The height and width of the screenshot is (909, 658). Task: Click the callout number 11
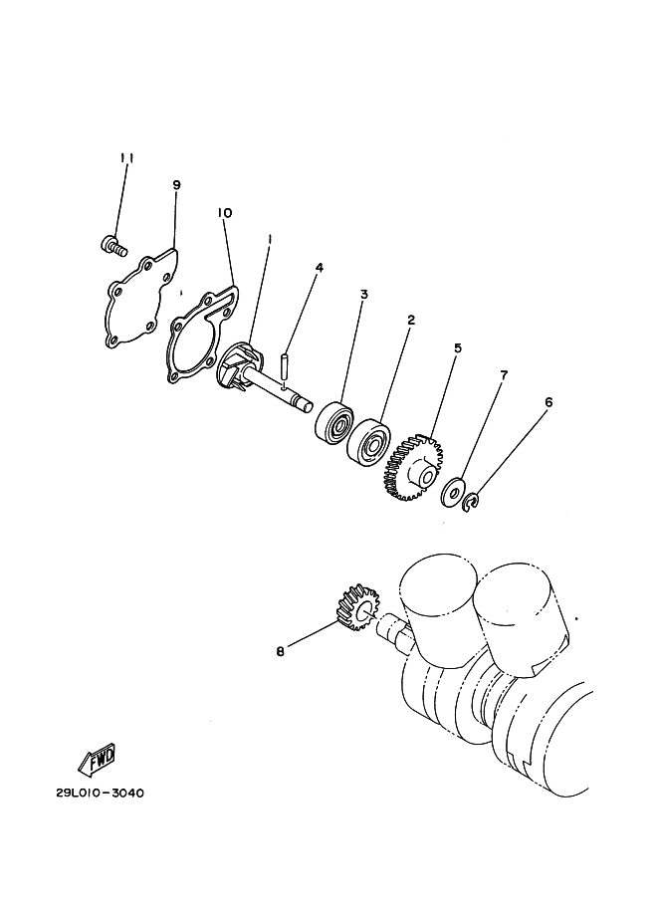point(127,158)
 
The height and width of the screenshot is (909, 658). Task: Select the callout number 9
point(177,185)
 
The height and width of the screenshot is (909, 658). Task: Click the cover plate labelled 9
point(141,298)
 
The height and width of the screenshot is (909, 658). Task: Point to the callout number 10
point(224,213)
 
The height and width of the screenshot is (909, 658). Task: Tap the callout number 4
point(319,267)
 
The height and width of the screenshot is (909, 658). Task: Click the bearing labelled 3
point(334,421)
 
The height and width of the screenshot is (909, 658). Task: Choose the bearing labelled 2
point(368,438)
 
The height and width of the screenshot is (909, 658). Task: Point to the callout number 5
point(458,348)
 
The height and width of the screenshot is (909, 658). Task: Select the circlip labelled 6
point(472,502)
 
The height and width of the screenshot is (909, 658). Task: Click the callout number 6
point(548,402)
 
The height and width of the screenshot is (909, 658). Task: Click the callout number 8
point(281,651)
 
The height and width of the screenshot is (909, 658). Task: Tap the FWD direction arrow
point(97,760)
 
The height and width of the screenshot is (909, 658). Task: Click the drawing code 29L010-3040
point(100,793)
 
